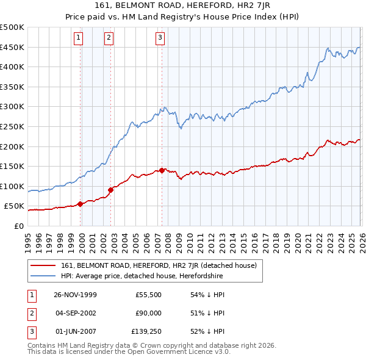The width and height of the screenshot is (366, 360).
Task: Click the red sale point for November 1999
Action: (x=81, y=204)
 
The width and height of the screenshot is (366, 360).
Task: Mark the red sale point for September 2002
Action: (x=110, y=190)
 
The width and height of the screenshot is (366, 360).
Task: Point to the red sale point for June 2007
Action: (x=162, y=170)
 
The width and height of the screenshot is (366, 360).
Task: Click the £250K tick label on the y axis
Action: (x=12, y=126)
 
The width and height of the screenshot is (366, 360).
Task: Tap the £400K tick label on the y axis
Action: (x=12, y=67)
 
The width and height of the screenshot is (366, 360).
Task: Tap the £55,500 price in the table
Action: (x=149, y=295)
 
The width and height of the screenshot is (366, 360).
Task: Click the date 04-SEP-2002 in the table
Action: (x=75, y=313)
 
